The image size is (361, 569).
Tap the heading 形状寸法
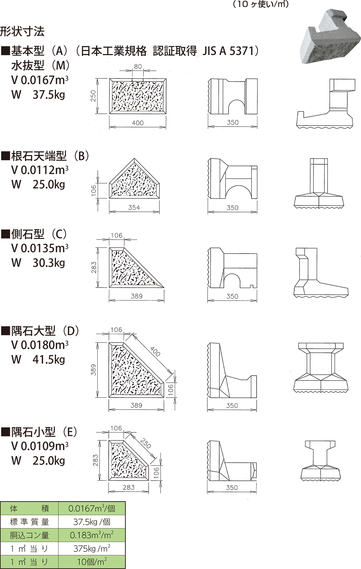[22, 32]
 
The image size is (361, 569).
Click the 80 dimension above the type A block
[138, 67]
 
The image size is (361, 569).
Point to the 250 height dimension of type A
[93, 96]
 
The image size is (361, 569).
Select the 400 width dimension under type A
[138, 123]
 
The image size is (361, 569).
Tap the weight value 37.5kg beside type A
[49, 95]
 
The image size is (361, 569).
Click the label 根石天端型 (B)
[50, 156]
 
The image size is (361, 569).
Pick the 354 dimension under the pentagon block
[134, 208]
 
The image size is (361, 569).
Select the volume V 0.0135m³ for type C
[40, 248]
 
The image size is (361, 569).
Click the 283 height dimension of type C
[94, 267]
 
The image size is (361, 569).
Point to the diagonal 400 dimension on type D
[155, 352]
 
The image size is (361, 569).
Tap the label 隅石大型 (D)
[45, 331]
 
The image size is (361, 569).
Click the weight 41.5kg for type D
[49, 359]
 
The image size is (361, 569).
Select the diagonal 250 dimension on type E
[146, 443]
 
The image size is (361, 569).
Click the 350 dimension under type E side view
[232, 488]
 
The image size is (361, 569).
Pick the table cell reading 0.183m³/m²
[92, 535]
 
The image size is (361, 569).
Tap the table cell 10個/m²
[92, 562]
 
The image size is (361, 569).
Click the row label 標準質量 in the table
[29, 522]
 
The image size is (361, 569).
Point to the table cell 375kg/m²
[92, 549]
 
